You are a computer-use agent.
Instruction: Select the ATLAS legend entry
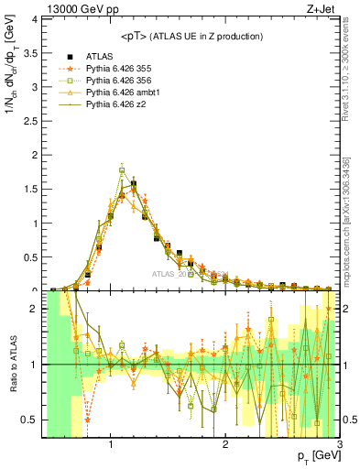[100, 56]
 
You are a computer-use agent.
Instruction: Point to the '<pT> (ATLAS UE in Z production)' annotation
[191, 36]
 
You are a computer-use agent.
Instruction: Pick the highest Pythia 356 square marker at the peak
[122, 169]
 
